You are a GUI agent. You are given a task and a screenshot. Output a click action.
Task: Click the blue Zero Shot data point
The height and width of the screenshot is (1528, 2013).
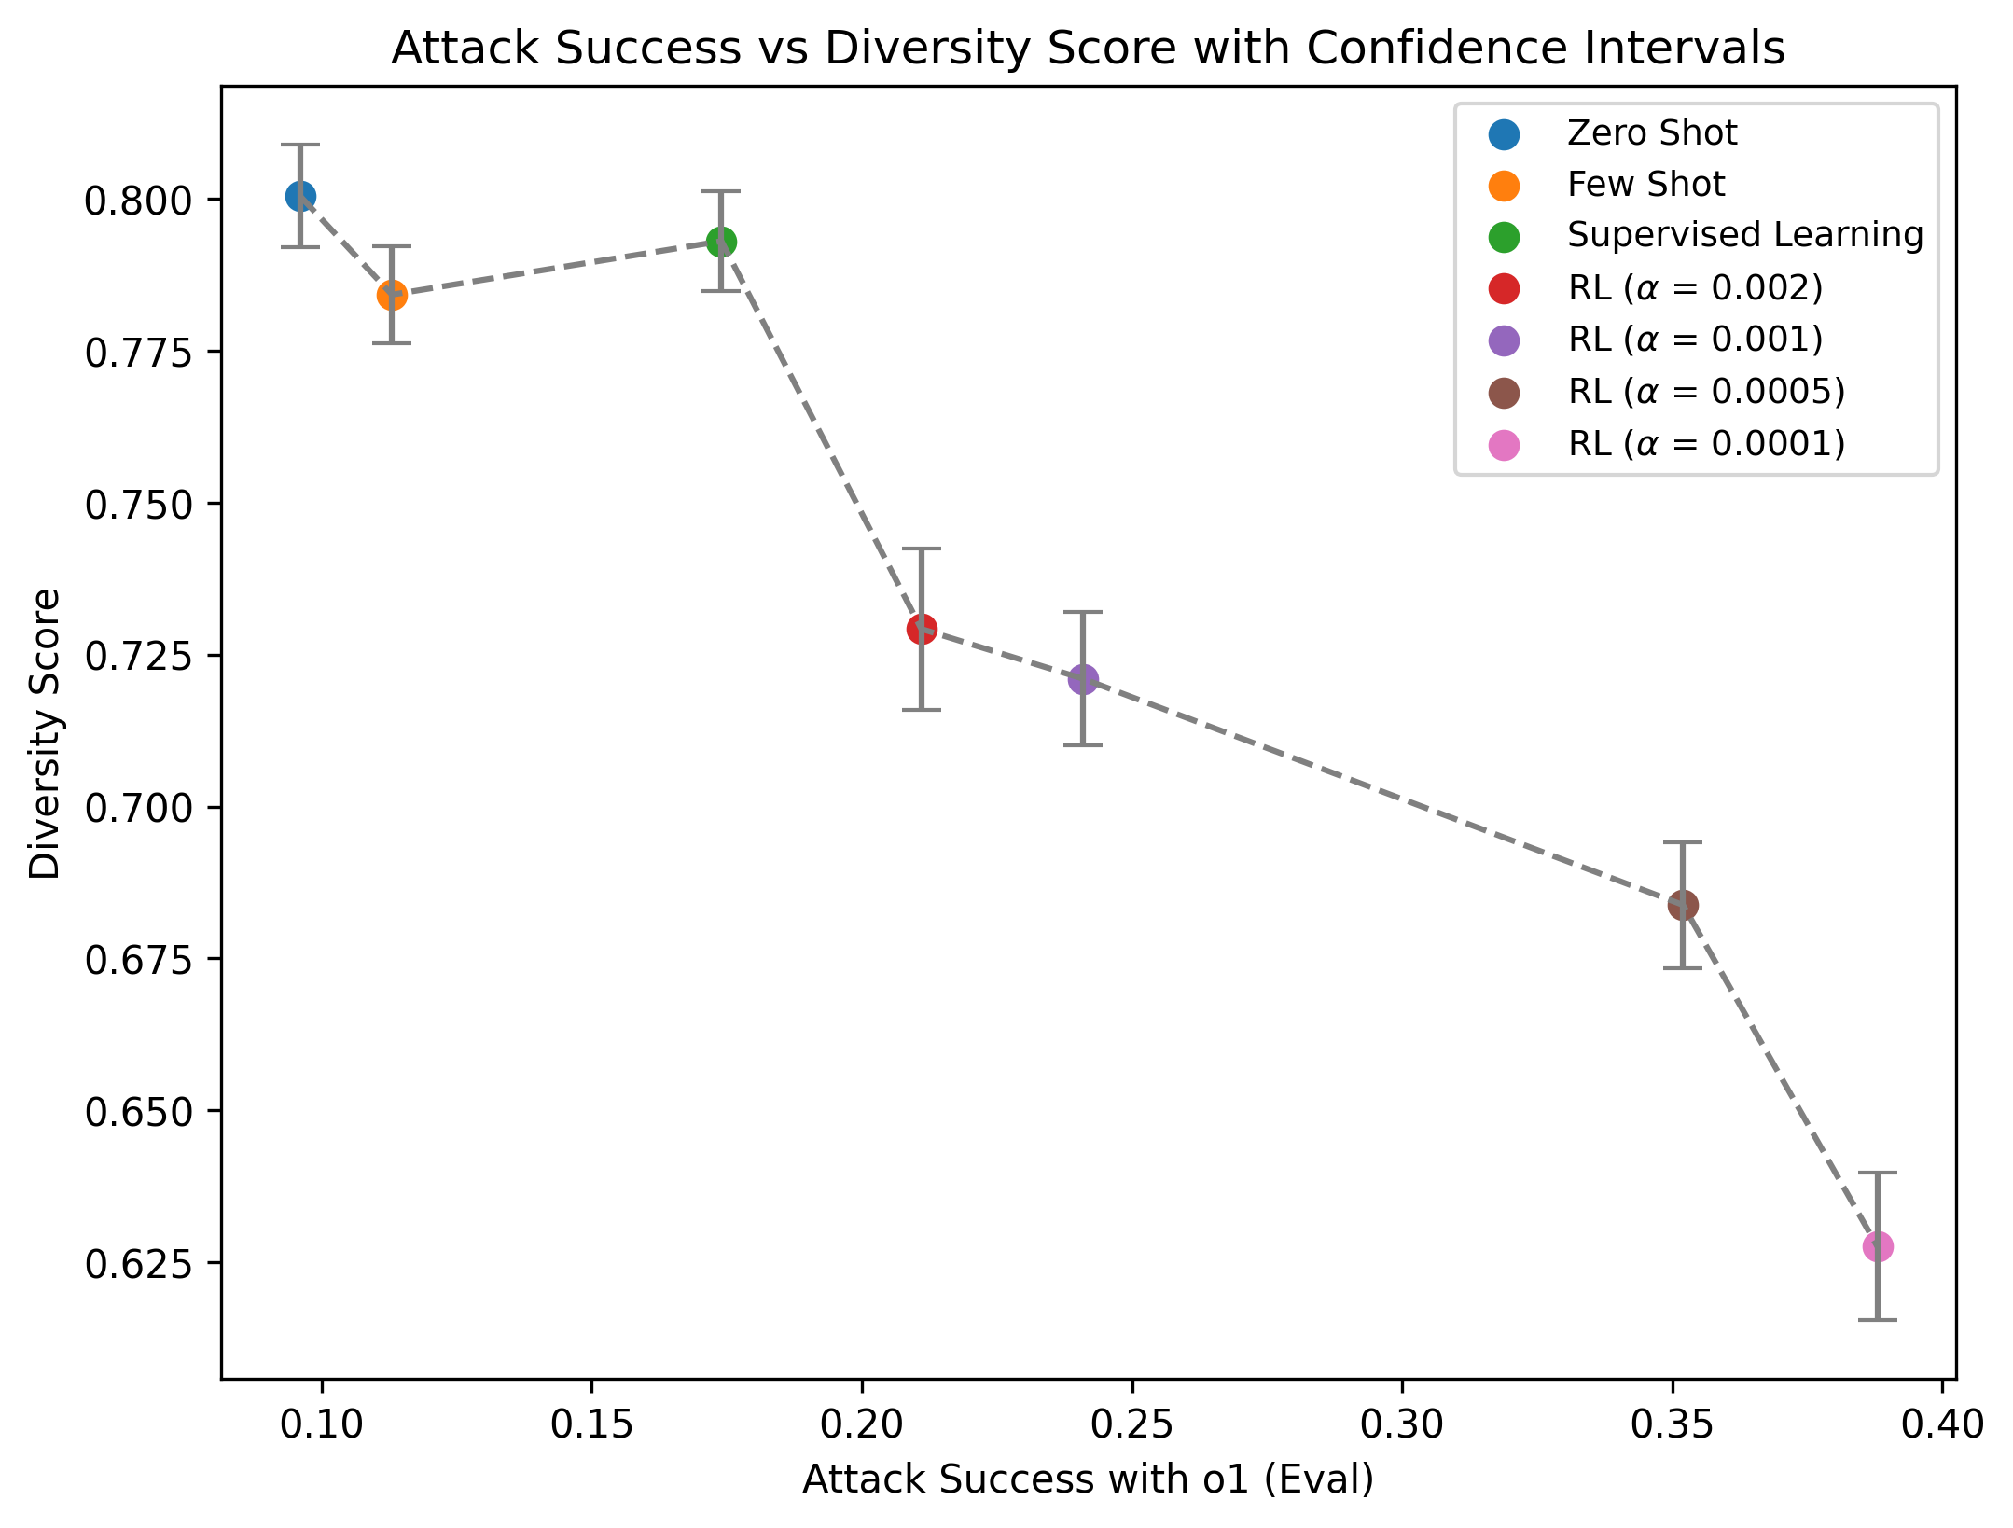(300, 196)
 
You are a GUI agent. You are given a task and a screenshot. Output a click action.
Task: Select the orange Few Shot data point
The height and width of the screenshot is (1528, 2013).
(392, 295)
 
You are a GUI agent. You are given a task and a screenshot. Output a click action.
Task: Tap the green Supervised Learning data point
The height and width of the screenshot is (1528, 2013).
(721, 242)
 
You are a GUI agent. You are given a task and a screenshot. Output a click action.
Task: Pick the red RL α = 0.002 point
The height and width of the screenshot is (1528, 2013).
(922, 629)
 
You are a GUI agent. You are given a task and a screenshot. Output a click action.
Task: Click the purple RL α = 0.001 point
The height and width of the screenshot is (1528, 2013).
(1083, 679)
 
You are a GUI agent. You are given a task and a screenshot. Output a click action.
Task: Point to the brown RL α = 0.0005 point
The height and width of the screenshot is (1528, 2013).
(1683, 905)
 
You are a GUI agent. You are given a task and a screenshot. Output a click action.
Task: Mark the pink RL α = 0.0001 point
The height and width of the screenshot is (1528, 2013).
(1878, 1246)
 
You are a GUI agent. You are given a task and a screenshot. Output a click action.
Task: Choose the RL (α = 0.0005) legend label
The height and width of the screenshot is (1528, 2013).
(1706, 392)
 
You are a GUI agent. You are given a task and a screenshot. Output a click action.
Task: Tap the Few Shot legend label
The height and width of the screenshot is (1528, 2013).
(1645, 185)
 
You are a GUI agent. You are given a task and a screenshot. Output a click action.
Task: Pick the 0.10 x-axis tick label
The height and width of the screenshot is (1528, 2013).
(322, 1425)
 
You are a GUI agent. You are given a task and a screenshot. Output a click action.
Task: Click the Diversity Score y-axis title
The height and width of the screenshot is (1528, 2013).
(45, 733)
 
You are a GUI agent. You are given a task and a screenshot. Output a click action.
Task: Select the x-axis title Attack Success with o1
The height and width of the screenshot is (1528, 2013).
(1088, 1480)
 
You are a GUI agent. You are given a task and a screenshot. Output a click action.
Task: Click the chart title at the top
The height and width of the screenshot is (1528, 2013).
(1088, 49)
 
